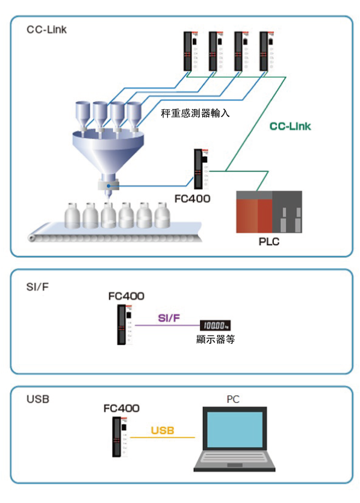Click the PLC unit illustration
[x=269, y=211]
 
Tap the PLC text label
[x=269, y=242]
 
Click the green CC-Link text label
[x=290, y=126]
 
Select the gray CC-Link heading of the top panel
[x=46, y=30]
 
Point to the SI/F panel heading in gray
[x=37, y=287]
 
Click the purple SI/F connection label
[x=169, y=318]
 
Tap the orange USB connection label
[x=163, y=430]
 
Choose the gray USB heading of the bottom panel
[x=38, y=399]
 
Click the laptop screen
[x=235, y=430]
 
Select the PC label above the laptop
[x=233, y=399]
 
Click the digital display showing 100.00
[x=215, y=326]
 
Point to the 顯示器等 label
[x=216, y=339]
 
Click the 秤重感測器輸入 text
[x=195, y=113]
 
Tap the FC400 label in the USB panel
[x=122, y=408]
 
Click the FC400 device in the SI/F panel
[x=125, y=325]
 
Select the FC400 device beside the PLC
[x=201, y=169]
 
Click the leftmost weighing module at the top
[x=191, y=51]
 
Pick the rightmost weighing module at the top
[x=267, y=51]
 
